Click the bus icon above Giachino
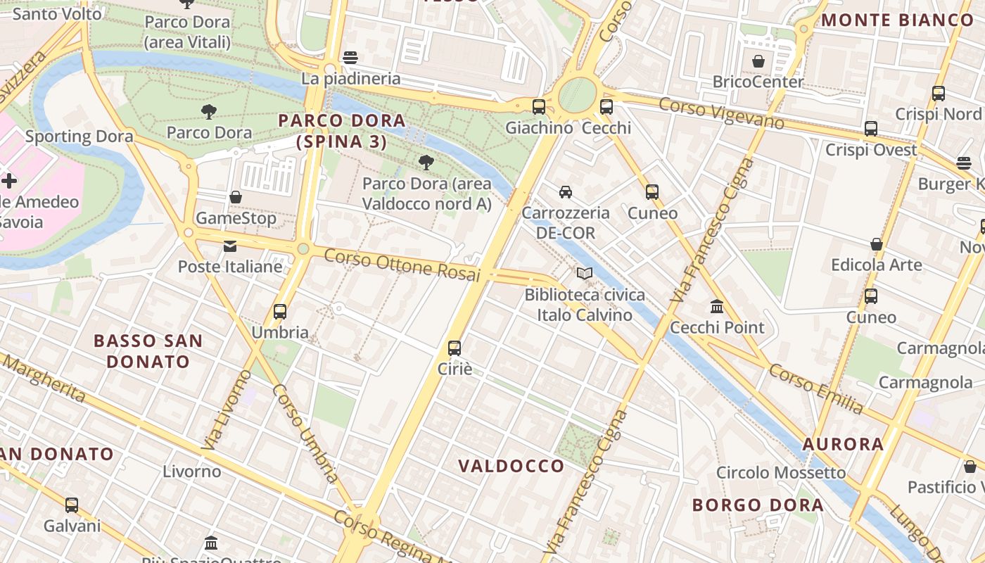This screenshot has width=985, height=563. pos(539,107)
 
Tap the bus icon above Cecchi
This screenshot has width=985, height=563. pos(606,107)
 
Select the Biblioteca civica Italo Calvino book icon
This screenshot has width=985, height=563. pos(585,273)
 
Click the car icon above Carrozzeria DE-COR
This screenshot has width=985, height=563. pos(566,191)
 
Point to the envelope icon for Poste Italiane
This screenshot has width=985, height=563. pos(230,246)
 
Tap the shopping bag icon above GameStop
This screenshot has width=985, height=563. pos(236,197)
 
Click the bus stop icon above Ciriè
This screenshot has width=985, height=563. pos(455,348)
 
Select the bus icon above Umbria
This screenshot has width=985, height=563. pos(280,311)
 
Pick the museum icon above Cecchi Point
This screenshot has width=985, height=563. pos(717,307)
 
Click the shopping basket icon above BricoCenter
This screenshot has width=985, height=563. pos(758,61)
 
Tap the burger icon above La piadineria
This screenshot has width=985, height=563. pos(350,57)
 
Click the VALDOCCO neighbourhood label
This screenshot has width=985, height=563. pos(511,466)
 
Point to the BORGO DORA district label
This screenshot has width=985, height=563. pos(758,505)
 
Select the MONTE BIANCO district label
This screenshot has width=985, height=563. pos(897,20)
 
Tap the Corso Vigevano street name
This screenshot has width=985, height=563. pos(721,113)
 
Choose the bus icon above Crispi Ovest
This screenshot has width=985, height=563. pos(871,129)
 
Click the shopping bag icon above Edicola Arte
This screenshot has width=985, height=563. pos(877,244)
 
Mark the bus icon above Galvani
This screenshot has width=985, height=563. pos(72,505)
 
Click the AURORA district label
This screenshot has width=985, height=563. pos(843,444)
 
